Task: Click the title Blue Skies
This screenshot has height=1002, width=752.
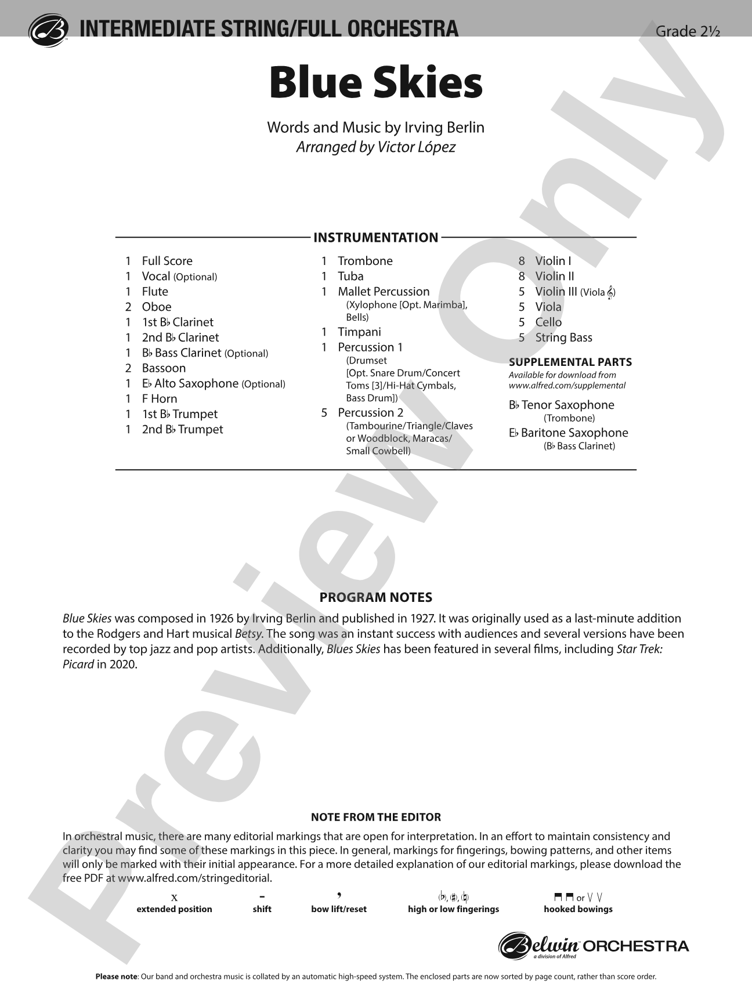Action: (375, 83)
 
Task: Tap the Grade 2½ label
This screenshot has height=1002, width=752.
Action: (687, 31)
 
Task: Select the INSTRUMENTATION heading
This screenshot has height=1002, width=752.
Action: (375, 238)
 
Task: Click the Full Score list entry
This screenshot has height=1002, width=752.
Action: (167, 261)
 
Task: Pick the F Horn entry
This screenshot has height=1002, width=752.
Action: (159, 399)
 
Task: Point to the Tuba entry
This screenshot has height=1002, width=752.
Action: (350, 277)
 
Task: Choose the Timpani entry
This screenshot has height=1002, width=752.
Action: (359, 332)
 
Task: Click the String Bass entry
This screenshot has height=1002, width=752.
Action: (563, 337)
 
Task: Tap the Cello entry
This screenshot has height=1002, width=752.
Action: (548, 322)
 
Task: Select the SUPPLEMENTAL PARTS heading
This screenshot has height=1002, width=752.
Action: (570, 362)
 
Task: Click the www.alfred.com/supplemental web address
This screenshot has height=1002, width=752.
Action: (567, 386)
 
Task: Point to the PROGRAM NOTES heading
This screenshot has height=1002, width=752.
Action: (375, 598)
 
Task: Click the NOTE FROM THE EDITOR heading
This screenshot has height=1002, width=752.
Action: (375, 818)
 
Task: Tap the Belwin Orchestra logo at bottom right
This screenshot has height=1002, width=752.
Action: (594, 946)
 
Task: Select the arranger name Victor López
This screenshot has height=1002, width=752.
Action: (416, 147)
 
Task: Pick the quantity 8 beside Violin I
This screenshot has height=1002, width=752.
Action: (522, 262)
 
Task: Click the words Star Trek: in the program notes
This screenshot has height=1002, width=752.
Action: (639, 649)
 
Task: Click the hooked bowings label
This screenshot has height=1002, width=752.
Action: (578, 909)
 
